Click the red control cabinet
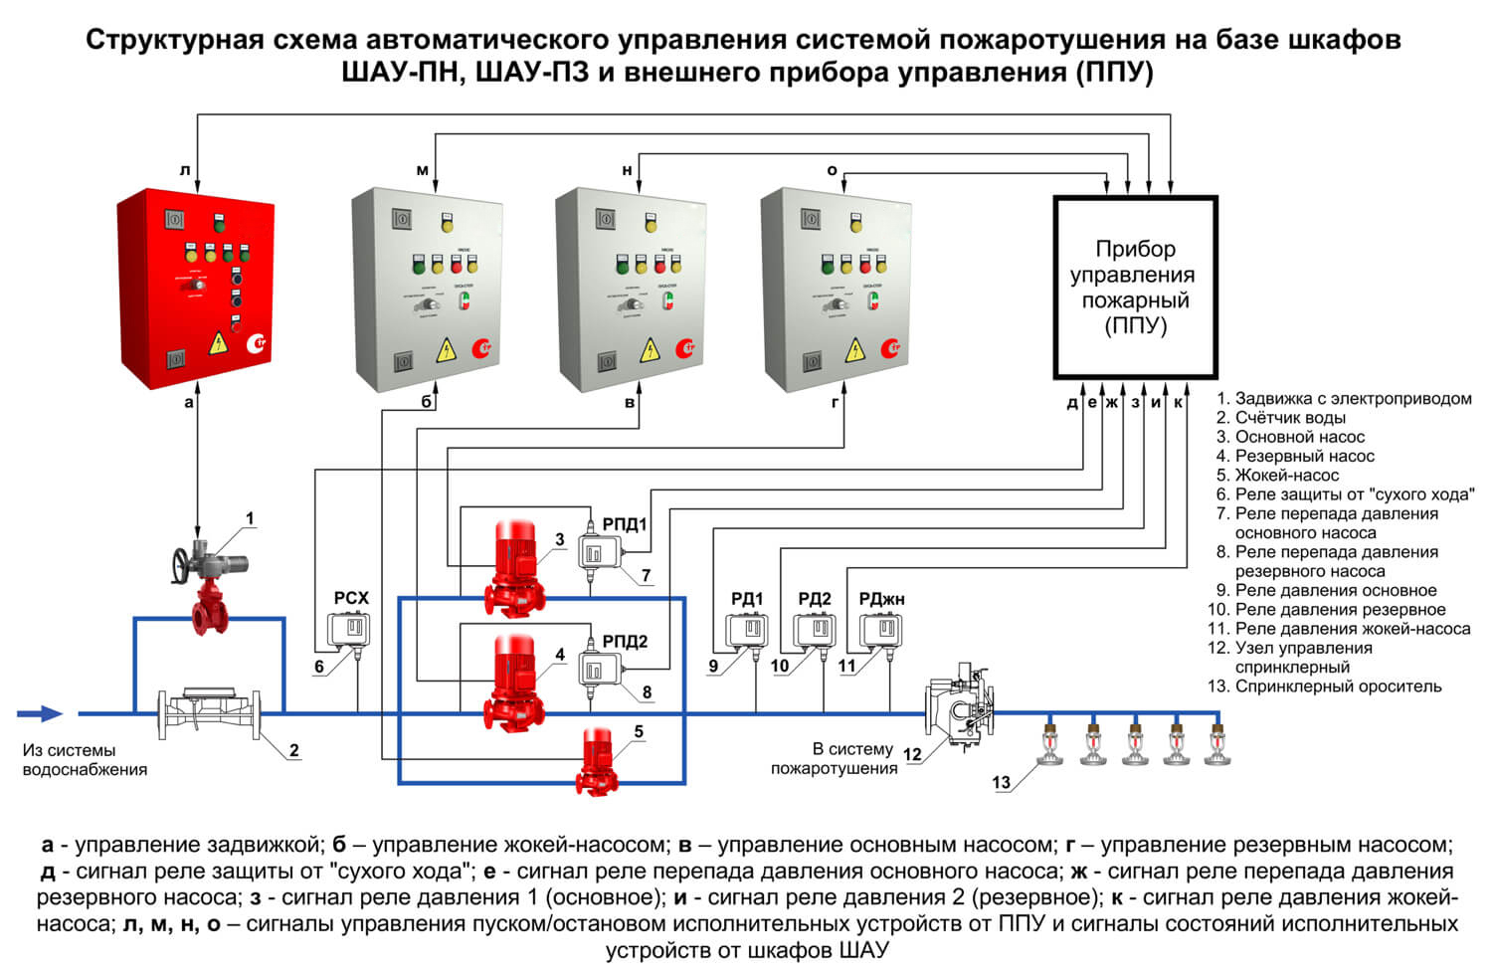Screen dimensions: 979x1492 pos(195,282)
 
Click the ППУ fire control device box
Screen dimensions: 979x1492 pos(1135,288)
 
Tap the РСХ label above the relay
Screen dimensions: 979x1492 pos(351,598)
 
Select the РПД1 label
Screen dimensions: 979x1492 pos(625,524)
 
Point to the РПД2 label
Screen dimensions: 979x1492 pos(625,642)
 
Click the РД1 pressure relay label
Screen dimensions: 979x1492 pos(747,599)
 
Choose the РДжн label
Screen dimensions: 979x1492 pos(881,599)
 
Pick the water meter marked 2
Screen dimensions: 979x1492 pos(211,711)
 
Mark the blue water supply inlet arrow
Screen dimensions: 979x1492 pos(40,713)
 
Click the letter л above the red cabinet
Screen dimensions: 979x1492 pos(185,170)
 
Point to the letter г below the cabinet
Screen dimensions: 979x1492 pos(836,403)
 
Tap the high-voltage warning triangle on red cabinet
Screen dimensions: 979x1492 pos(217,344)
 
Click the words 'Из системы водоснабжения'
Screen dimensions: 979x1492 pos(85,760)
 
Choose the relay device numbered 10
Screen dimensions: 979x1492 pos(814,631)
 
